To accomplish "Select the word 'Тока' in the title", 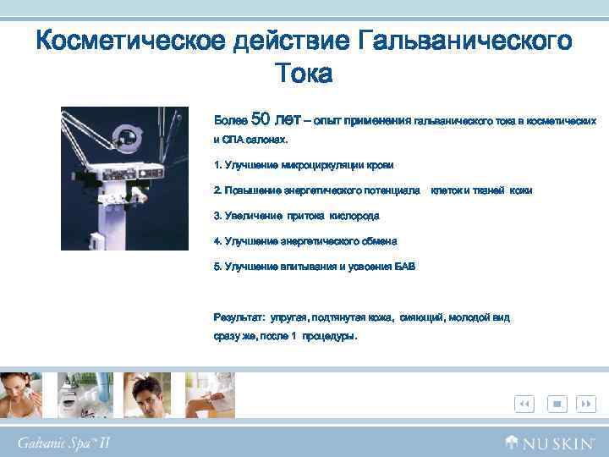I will [x=304, y=74].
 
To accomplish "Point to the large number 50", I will [x=261, y=119].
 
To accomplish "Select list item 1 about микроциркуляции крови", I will [x=304, y=164].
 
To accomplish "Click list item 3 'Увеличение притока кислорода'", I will [x=297, y=215].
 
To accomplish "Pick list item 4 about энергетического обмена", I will [x=305, y=240].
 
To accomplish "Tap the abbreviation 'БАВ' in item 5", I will [x=405, y=266].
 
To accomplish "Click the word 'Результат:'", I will [x=239, y=317].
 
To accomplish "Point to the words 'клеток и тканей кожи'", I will [x=481, y=190].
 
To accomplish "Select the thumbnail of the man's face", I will [x=147, y=394].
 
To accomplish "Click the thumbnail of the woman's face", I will [x=23, y=394].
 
